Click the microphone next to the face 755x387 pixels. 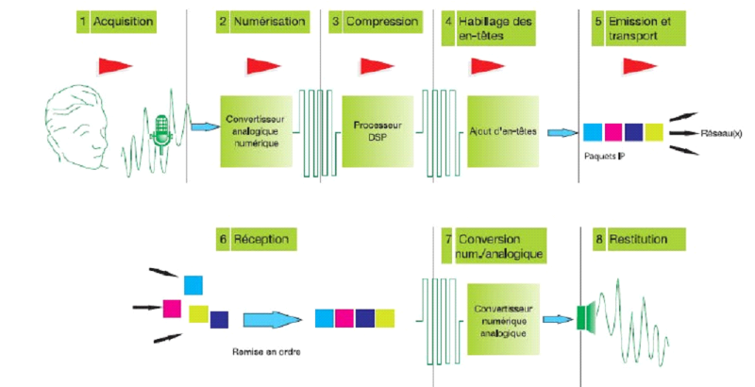161,131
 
